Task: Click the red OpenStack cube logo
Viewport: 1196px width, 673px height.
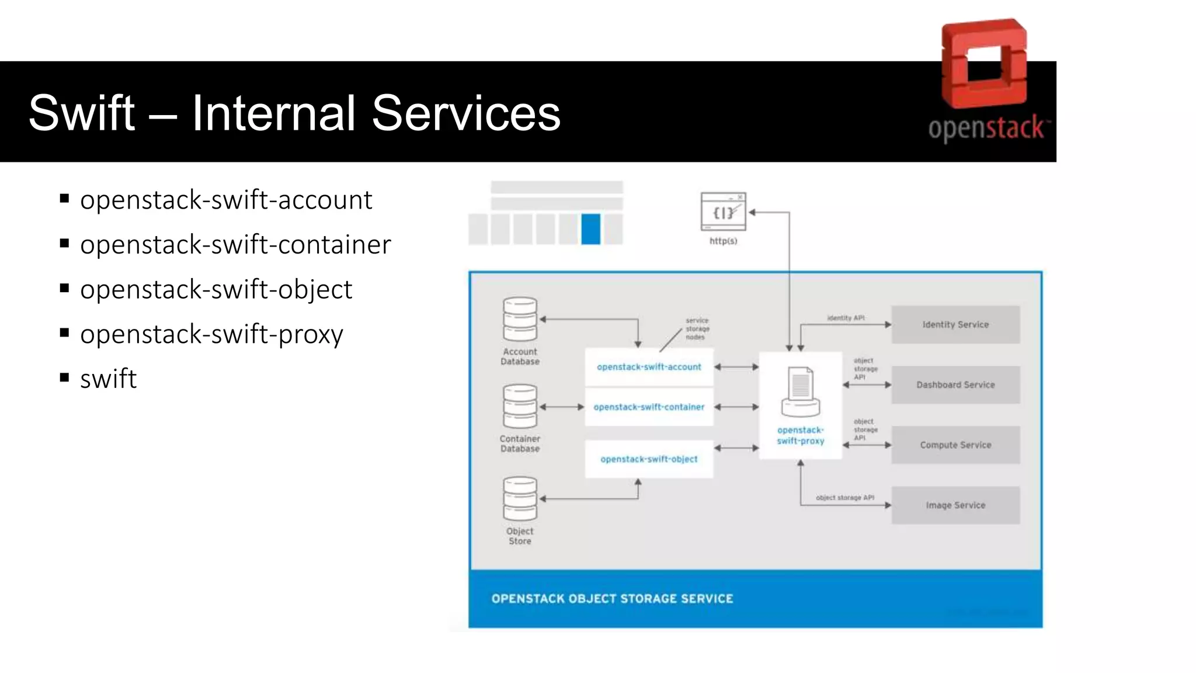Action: point(984,64)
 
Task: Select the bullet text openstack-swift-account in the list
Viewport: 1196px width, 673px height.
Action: point(226,200)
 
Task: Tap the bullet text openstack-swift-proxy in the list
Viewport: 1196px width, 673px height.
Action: point(211,334)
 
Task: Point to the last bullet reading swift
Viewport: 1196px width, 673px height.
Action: point(108,379)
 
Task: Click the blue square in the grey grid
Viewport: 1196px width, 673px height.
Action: point(590,229)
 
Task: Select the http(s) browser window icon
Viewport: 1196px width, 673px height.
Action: point(723,211)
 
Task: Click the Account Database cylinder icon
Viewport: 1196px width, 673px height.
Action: point(520,319)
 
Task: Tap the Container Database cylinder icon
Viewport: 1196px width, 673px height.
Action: point(520,406)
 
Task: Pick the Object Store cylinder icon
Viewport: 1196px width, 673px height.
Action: point(520,498)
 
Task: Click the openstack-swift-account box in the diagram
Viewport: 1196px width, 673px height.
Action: point(649,367)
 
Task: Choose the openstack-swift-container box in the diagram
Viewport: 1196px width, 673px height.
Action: point(649,407)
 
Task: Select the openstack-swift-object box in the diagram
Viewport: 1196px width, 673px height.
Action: point(649,459)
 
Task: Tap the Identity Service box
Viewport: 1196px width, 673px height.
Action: point(955,325)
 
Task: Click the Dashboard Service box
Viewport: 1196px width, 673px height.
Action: point(955,385)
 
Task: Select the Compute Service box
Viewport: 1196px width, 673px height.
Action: point(955,445)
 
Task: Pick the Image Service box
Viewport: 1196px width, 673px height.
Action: point(955,505)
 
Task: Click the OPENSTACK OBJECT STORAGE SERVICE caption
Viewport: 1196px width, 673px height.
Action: point(612,599)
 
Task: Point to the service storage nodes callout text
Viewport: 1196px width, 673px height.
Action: point(697,329)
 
